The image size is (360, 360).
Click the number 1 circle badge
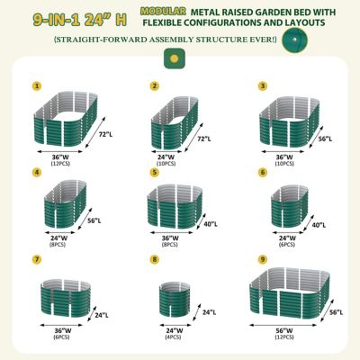point(38,87)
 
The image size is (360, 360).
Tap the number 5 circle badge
point(154,172)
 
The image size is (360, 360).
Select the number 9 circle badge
point(263,259)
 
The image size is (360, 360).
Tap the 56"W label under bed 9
point(282,330)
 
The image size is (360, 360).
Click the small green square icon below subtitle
point(168,58)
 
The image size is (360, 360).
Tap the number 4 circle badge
point(38,172)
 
